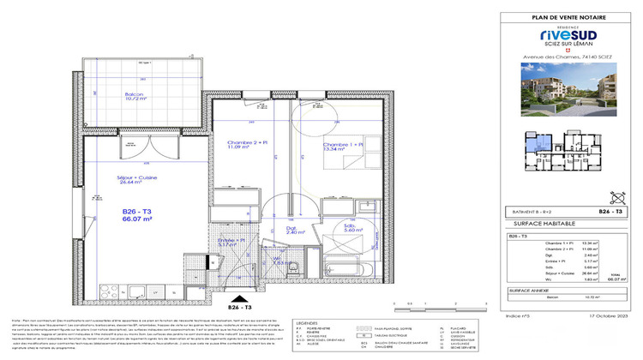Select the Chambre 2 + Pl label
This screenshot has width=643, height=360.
pyautogui.click(x=246, y=147)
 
